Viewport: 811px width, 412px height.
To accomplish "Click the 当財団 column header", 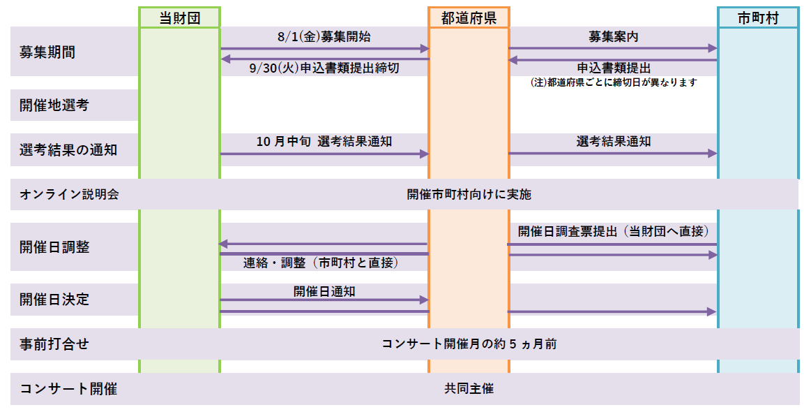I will coord(179,18).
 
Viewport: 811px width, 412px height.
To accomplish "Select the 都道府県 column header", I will coord(469,18).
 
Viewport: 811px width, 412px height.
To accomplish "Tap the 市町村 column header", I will coord(758,18).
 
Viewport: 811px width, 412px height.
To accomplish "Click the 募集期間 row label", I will coord(47,52).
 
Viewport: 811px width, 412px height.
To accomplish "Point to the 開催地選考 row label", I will coord(54,105).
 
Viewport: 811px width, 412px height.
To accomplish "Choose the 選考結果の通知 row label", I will coord(68,149).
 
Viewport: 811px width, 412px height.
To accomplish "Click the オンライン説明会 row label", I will coord(69,195).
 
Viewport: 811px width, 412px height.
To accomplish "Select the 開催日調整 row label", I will coord(54,247).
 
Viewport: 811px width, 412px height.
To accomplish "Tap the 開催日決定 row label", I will coord(54,300).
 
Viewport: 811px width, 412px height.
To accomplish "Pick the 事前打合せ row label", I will coord(54,344).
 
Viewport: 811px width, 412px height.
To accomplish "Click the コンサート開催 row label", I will coord(68,389).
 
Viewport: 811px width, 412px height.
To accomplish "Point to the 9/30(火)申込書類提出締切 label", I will coord(324,68).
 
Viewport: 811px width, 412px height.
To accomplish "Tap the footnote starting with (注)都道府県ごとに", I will coord(614,82).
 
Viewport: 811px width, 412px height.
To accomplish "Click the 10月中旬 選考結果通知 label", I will coord(324,141).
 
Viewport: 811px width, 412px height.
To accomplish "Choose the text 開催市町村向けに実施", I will coord(469,195).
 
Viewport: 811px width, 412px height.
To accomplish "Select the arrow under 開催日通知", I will coord(324,300).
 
